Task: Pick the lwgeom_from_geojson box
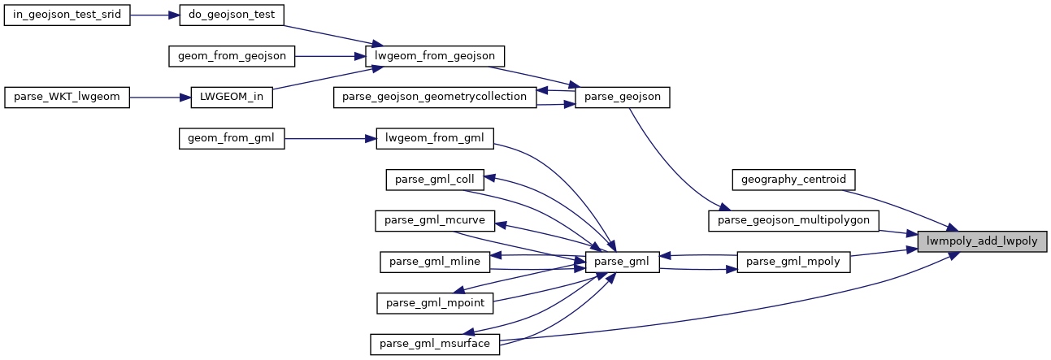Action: (436, 57)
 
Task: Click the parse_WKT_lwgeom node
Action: (67, 98)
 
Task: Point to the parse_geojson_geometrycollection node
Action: (436, 98)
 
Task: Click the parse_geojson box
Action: (623, 98)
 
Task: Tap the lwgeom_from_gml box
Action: (436, 139)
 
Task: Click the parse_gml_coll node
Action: (436, 180)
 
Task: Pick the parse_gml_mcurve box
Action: (436, 221)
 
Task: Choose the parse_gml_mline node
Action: (436, 262)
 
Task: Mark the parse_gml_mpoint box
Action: (436, 303)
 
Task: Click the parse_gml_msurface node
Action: (436, 344)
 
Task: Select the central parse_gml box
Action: (623, 262)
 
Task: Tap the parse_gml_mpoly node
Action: (793, 262)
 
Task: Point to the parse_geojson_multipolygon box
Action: (793, 220)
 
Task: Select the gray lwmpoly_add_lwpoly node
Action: (982, 241)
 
